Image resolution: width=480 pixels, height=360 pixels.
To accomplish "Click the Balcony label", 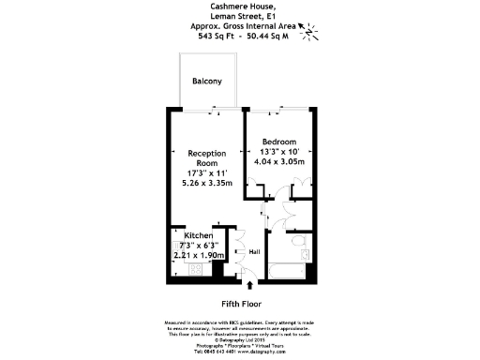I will click(207, 82).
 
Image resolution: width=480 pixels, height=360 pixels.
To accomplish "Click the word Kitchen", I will click(199, 235).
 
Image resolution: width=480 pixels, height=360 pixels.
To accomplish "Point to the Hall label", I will click(253, 251).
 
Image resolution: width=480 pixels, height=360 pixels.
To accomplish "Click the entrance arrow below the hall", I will click(249, 283).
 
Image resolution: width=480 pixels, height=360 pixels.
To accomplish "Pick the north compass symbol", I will click(308, 31).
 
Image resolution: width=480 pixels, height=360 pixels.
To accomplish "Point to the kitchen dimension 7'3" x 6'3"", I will click(199, 245).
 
